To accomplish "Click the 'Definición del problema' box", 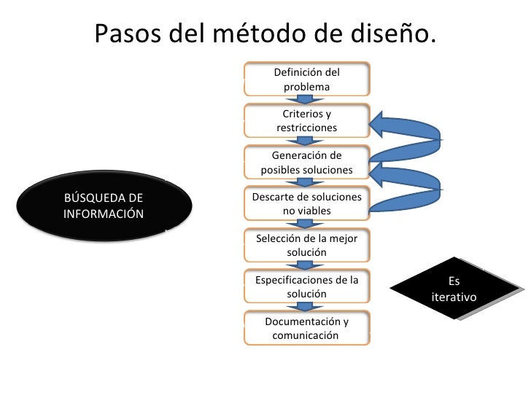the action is point(306,79).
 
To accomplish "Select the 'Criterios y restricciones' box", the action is point(306,121).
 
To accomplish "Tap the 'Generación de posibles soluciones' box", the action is point(306,163).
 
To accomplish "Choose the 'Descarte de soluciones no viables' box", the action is point(306,204).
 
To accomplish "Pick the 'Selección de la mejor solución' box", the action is point(306,246).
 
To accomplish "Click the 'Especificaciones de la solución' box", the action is point(306,287).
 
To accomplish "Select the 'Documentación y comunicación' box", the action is point(306,329).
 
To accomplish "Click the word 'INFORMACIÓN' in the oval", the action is point(104,214).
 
